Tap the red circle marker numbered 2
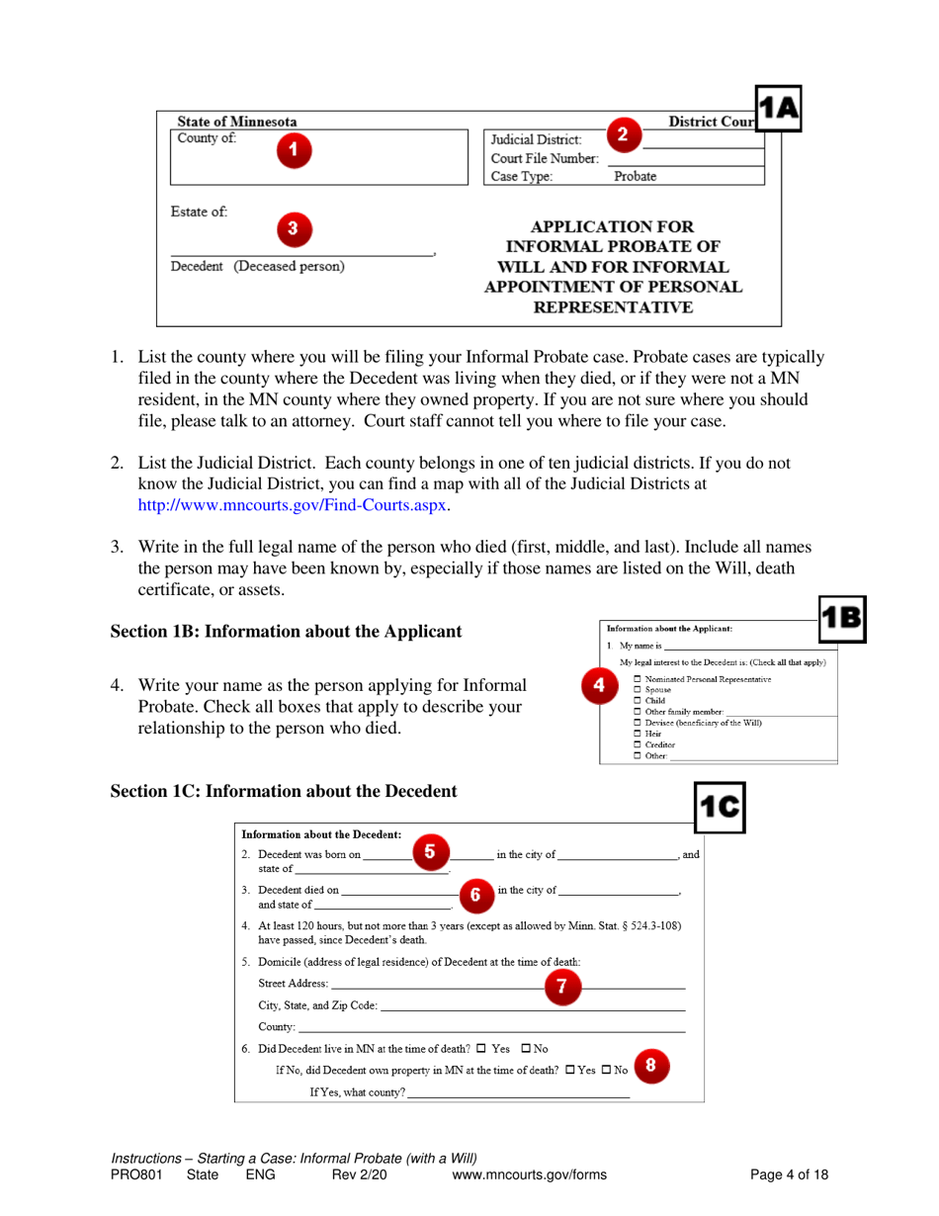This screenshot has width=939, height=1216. click(622, 134)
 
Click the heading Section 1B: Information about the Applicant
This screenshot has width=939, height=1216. click(286, 631)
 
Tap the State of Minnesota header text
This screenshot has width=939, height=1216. click(236, 122)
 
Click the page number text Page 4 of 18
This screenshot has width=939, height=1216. click(789, 1174)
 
